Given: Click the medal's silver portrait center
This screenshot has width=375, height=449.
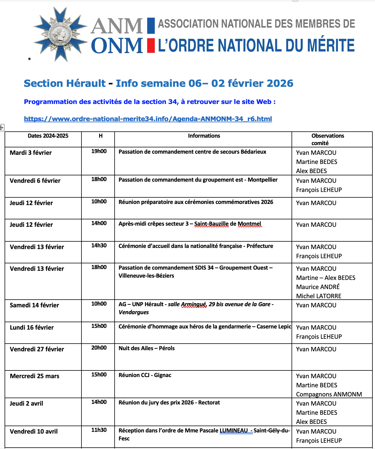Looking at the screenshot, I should coord(59,34).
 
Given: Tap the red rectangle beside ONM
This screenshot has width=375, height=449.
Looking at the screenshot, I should coord(151,46).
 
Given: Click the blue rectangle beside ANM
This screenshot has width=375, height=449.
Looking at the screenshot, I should coord(151,25).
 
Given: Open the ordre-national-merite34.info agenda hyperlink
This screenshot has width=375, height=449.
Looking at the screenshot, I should coord(148,119).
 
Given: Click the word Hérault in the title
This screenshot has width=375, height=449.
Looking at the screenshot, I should coord(85,83).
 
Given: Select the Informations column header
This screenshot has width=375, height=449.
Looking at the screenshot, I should coord(204,136).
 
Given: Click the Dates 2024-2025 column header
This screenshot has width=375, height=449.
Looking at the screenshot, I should coord(48,136).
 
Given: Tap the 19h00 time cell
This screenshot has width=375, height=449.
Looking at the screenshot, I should coord(99,151).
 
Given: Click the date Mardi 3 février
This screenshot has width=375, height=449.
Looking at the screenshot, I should coord(31,153).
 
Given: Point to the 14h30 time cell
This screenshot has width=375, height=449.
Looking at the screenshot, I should coord(99,246).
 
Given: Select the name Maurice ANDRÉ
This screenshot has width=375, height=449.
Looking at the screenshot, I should coord(318,287).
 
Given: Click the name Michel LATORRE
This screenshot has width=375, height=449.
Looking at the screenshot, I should coord(319,296).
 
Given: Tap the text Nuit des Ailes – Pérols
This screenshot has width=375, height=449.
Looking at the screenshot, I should coord(147,348).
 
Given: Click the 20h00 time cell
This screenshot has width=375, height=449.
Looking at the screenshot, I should coord(99,348).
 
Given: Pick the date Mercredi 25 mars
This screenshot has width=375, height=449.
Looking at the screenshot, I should coord(35,376).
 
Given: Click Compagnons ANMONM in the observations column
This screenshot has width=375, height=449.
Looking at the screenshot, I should coord(329,394).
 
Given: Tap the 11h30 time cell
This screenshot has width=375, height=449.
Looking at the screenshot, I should coord(99,430).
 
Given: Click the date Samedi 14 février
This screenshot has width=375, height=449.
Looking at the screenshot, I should coord(34,305).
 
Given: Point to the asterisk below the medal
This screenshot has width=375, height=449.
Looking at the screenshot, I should coord(29,59).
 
